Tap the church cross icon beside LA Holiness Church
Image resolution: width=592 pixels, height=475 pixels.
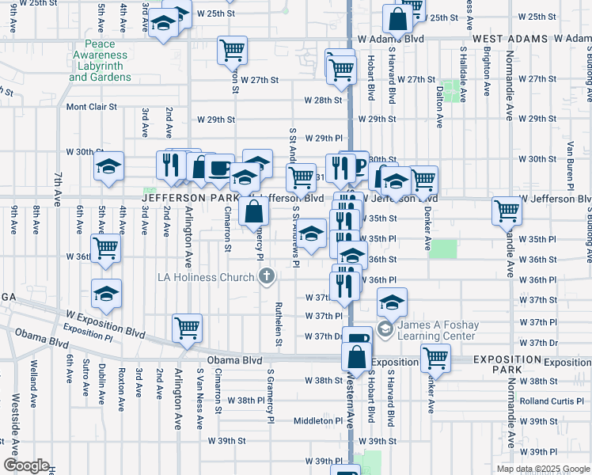(268, 276)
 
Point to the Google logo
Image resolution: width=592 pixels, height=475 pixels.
(25, 465)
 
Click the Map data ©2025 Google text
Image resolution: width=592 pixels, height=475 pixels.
(543, 469)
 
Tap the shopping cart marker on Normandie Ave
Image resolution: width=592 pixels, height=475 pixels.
(507, 211)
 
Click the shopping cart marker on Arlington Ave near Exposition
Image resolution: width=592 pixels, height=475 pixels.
(187, 327)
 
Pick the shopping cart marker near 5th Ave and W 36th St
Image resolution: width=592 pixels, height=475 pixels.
(105, 248)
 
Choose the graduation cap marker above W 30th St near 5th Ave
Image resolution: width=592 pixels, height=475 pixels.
(108, 165)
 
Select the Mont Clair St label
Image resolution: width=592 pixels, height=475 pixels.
(91, 106)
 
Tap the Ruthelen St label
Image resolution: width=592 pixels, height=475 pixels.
(279, 324)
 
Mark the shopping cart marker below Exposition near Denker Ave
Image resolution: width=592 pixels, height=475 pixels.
(435, 358)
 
